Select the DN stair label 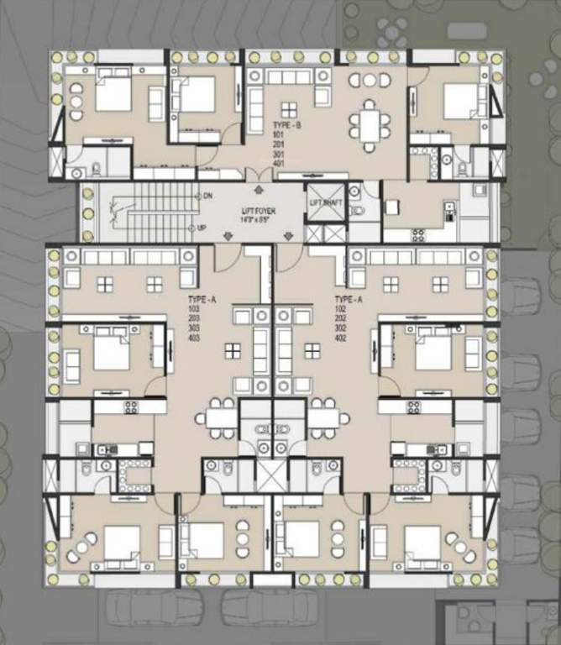coord(207,196)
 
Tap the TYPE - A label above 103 coord(201,299)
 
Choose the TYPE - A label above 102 coord(349,299)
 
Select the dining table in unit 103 coord(221,417)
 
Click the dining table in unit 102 coord(323,417)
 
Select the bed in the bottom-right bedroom coord(422,541)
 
